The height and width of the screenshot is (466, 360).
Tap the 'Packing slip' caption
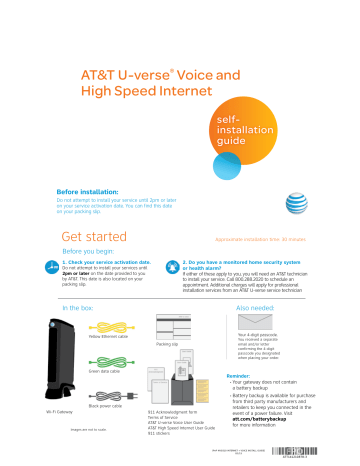(x=167, y=344)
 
